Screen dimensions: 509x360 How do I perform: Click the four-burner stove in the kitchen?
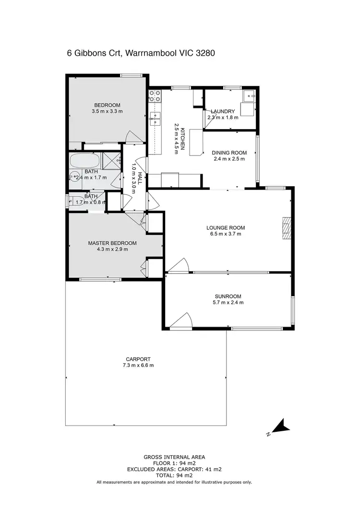coord(155,95)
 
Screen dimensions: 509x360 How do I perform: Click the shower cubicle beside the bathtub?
coord(111,160)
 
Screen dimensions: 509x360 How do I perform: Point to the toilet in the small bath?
coord(72,200)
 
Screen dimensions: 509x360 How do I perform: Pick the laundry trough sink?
coord(249,96)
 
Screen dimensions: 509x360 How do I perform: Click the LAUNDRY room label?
coord(222,111)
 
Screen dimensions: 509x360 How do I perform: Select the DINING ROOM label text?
coord(229,153)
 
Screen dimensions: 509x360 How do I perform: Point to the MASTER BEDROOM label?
coord(112,243)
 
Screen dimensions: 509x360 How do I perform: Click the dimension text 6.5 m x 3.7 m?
coord(226,234)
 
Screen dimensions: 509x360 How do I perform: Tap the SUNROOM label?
coord(228,296)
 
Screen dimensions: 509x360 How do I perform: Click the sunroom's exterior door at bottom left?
coord(181,320)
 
